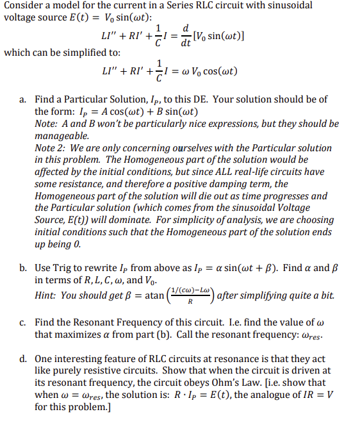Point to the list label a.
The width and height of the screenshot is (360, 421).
tap(23, 99)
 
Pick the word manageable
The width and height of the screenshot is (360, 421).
tap(63, 136)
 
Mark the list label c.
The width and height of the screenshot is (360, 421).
tap(23, 322)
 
